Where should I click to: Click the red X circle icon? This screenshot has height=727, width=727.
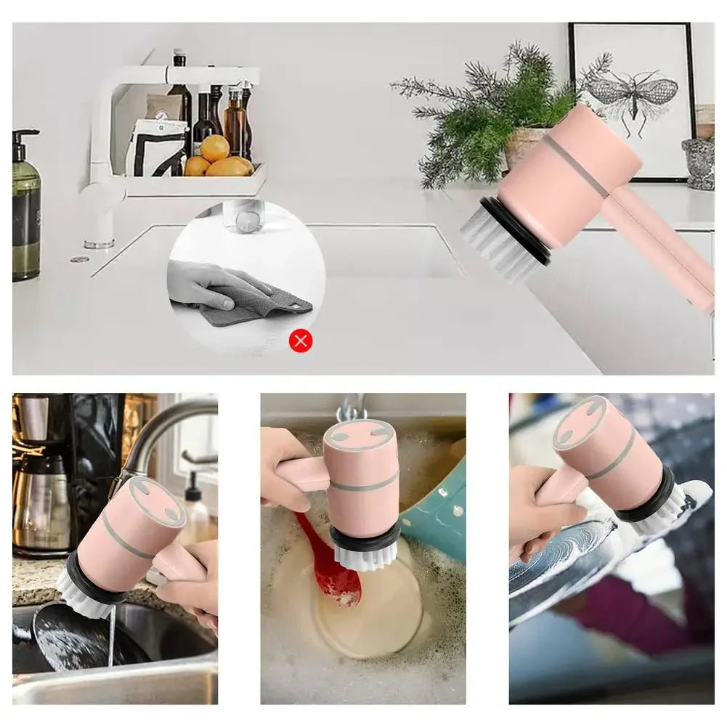pos(301,340)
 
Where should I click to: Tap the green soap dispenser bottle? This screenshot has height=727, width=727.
pos(26,211)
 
